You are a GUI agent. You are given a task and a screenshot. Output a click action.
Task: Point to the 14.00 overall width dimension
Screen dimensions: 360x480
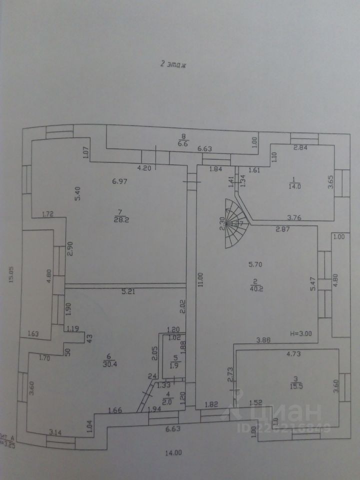click(x=173, y=453)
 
